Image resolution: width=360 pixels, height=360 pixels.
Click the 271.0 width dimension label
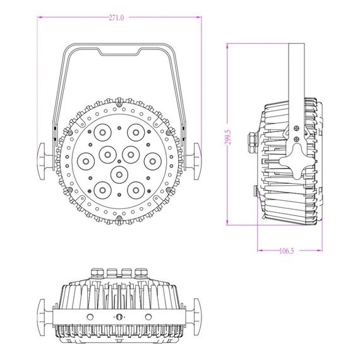point(116,18)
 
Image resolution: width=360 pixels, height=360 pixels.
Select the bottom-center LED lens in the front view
point(118,172)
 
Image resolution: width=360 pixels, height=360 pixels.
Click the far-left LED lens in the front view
point(86,160)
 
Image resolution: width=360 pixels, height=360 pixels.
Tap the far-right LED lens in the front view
point(152,160)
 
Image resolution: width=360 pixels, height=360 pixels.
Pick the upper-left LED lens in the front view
point(101,132)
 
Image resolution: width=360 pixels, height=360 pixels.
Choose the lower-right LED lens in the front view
point(135,188)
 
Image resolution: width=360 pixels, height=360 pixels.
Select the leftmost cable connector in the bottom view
point(97,273)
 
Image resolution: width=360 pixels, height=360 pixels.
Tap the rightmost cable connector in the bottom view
point(140,273)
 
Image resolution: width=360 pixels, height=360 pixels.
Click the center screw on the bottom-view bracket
point(118,316)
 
